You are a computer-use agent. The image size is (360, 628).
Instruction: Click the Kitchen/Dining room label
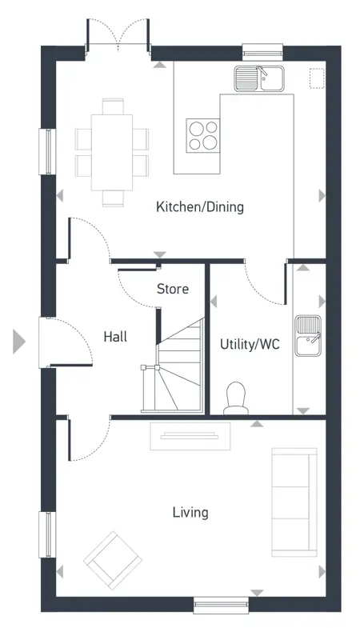(x=199, y=207)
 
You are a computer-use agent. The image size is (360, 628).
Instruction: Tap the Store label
(x=172, y=289)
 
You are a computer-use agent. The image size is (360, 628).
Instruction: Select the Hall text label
(x=115, y=338)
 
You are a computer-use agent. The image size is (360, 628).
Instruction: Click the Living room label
(x=190, y=512)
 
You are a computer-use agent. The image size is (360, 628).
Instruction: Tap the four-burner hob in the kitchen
(x=202, y=134)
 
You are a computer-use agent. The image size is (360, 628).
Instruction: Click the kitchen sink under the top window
(x=259, y=78)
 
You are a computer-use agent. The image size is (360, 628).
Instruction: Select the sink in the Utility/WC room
(x=307, y=335)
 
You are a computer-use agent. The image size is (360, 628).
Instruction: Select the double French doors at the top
(x=118, y=36)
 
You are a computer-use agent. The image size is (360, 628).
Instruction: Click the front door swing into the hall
(x=70, y=340)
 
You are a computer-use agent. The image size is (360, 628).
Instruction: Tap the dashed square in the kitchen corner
(x=318, y=78)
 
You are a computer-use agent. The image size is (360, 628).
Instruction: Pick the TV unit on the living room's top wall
(x=190, y=436)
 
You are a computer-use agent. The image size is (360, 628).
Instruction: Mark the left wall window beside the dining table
(x=47, y=150)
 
